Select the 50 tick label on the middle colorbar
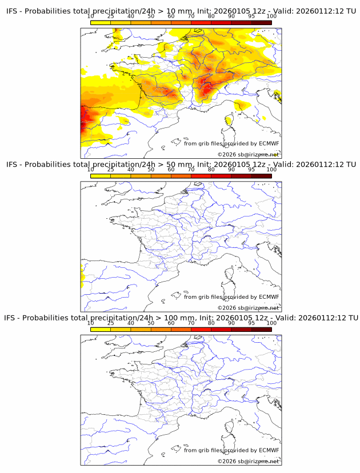151,170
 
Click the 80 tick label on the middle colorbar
211,170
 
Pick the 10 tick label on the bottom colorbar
91,323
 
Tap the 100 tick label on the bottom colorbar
271,323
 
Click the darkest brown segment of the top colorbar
261,22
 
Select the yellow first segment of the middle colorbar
101,175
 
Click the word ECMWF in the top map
269,144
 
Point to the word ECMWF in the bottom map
269,450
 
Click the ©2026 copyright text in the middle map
227,308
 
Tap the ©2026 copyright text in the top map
227,155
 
